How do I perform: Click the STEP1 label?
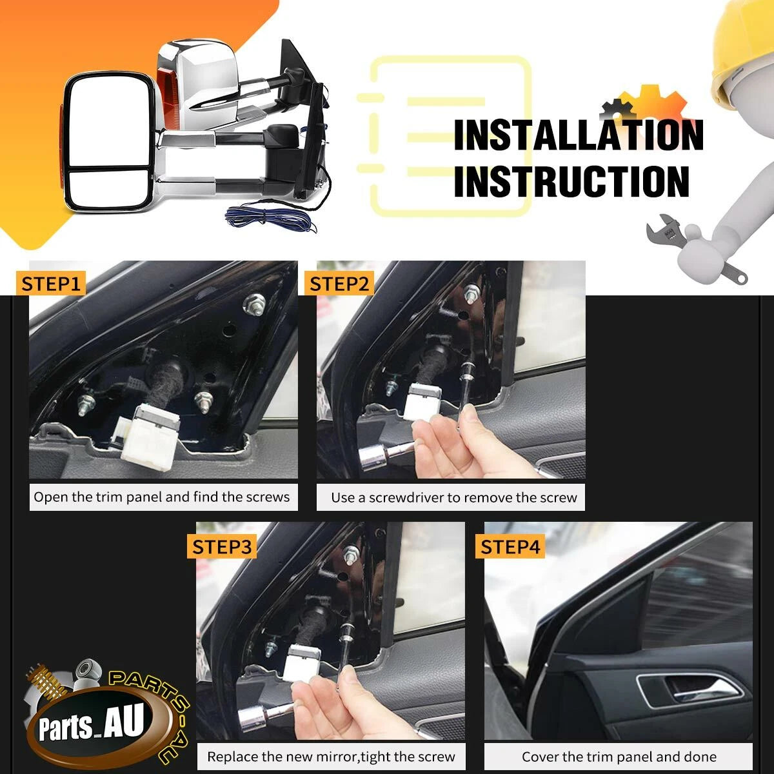[x=50, y=284]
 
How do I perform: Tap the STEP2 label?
[x=339, y=284]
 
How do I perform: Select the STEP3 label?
[x=222, y=547]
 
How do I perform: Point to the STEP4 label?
[x=510, y=547]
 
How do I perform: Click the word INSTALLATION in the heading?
[x=579, y=135]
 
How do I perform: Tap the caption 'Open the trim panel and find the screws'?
[x=161, y=497]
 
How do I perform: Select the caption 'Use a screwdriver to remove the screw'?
[x=454, y=498]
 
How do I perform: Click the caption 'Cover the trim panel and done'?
[x=619, y=757]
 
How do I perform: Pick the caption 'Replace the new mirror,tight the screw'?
[x=331, y=757]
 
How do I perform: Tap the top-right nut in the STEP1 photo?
[x=254, y=303]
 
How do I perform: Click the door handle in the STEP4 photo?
[x=688, y=690]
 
